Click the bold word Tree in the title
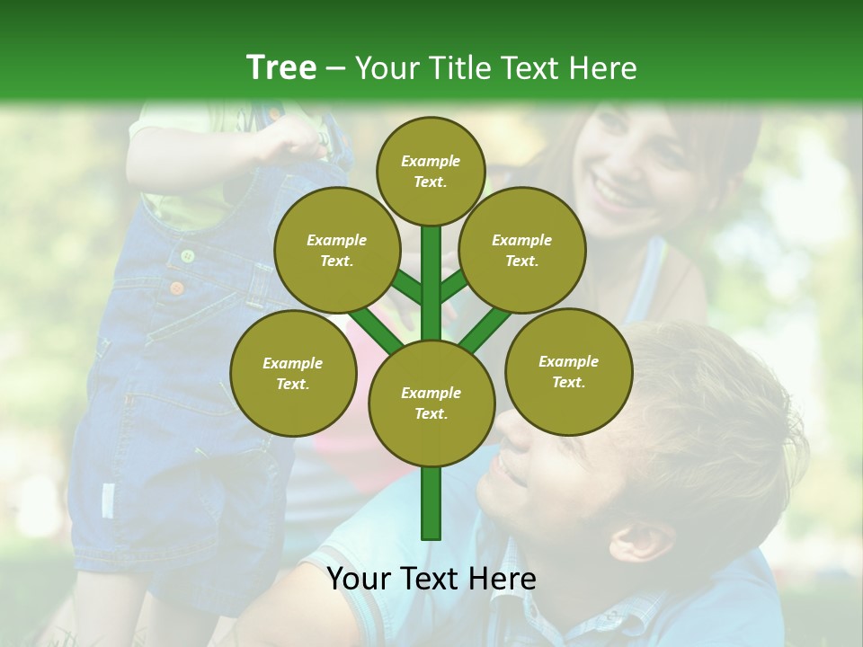click(x=281, y=67)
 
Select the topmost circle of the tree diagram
click(x=431, y=171)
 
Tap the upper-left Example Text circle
click(x=336, y=251)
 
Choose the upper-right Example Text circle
click(x=522, y=251)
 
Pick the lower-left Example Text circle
click(x=293, y=374)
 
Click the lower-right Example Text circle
click(x=568, y=372)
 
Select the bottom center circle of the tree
click(x=431, y=403)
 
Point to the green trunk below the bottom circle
click(x=431, y=503)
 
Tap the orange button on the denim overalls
click(x=177, y=288)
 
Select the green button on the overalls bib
click(x=188, y=256)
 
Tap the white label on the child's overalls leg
click(x=108, y=500)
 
